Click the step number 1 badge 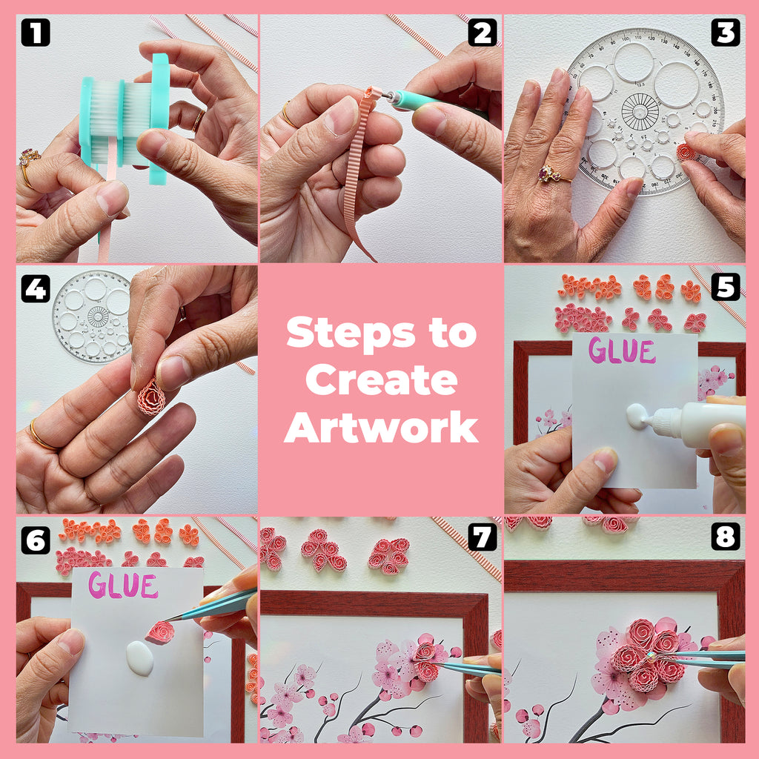[x=35, y=33]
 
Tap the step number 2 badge [x=482, y=33]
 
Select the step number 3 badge [x=726, y=33]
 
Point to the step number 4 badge [x=35, y=289]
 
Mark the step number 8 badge [x=726, y=537]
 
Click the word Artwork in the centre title [x=381, y=428]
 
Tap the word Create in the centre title [x=381, y=381]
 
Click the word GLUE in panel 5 [x=622, y=351]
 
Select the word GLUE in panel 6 [x=123, y=586]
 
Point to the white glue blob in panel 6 [x=140, y=657]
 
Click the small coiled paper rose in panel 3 [x=686, y=151]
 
